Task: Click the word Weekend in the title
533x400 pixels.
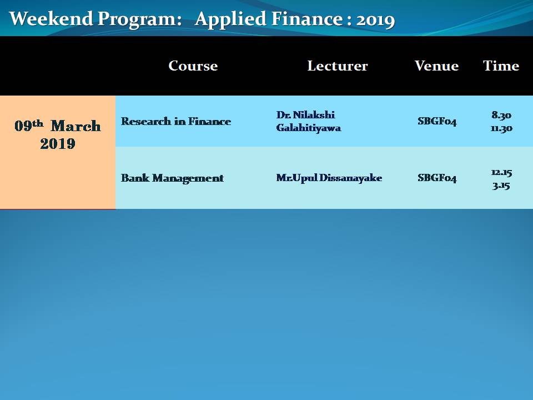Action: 51,18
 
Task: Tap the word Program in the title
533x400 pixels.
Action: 140,20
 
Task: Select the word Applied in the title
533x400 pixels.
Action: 231,20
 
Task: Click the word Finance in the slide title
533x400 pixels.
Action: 307,18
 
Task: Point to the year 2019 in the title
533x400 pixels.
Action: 375,21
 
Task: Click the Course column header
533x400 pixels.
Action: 193,66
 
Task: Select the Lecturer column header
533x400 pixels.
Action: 338,66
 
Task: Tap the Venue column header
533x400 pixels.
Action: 437,66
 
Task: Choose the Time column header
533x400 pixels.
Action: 501,66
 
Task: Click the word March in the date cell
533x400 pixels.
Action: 76,126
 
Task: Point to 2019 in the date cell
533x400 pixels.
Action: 58,143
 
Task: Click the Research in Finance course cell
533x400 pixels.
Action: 176,121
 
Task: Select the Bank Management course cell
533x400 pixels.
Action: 172,178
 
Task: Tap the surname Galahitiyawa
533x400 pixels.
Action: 309,128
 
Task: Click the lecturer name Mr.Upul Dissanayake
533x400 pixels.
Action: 329,178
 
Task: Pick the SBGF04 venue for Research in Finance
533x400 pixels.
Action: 437,122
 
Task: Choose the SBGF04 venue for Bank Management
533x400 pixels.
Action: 437,178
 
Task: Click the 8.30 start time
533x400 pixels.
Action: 501,115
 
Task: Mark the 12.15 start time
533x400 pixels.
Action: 501,172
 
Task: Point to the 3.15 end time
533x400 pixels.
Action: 501,186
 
